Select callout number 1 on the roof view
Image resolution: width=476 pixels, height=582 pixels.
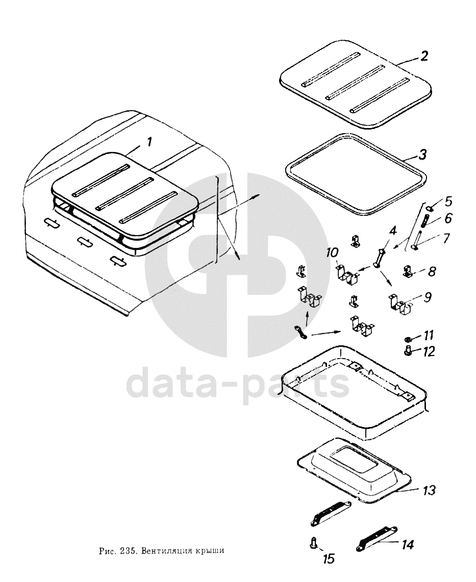[149, 142]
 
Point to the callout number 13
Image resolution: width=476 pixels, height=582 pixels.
[429, 490]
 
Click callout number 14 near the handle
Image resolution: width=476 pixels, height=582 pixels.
[407, 545]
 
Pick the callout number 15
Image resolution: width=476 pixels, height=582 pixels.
[329, 558]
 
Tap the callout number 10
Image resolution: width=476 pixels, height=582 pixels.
[332, 253]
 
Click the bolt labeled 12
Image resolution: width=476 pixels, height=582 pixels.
[408, 349]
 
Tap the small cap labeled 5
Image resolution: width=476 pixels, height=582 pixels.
[429, 208]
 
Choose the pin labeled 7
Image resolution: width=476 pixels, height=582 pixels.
[417, 240]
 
